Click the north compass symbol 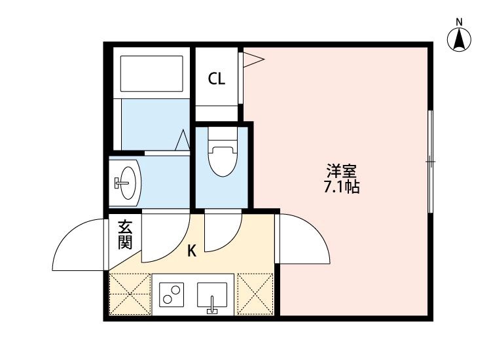click(x=460, y=41)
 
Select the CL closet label click(x=217, y=79)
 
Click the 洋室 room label click(x=342, y=173)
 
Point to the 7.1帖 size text click(x=342, y=188)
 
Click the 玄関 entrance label click(x=125, y=235)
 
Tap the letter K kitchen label click(x=192, y=249)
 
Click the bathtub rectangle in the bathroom click(x=151, y=74)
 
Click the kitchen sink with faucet click(x=212, y=295)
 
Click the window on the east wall click(x=431, y=161)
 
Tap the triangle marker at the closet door click(x=254, y=60)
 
